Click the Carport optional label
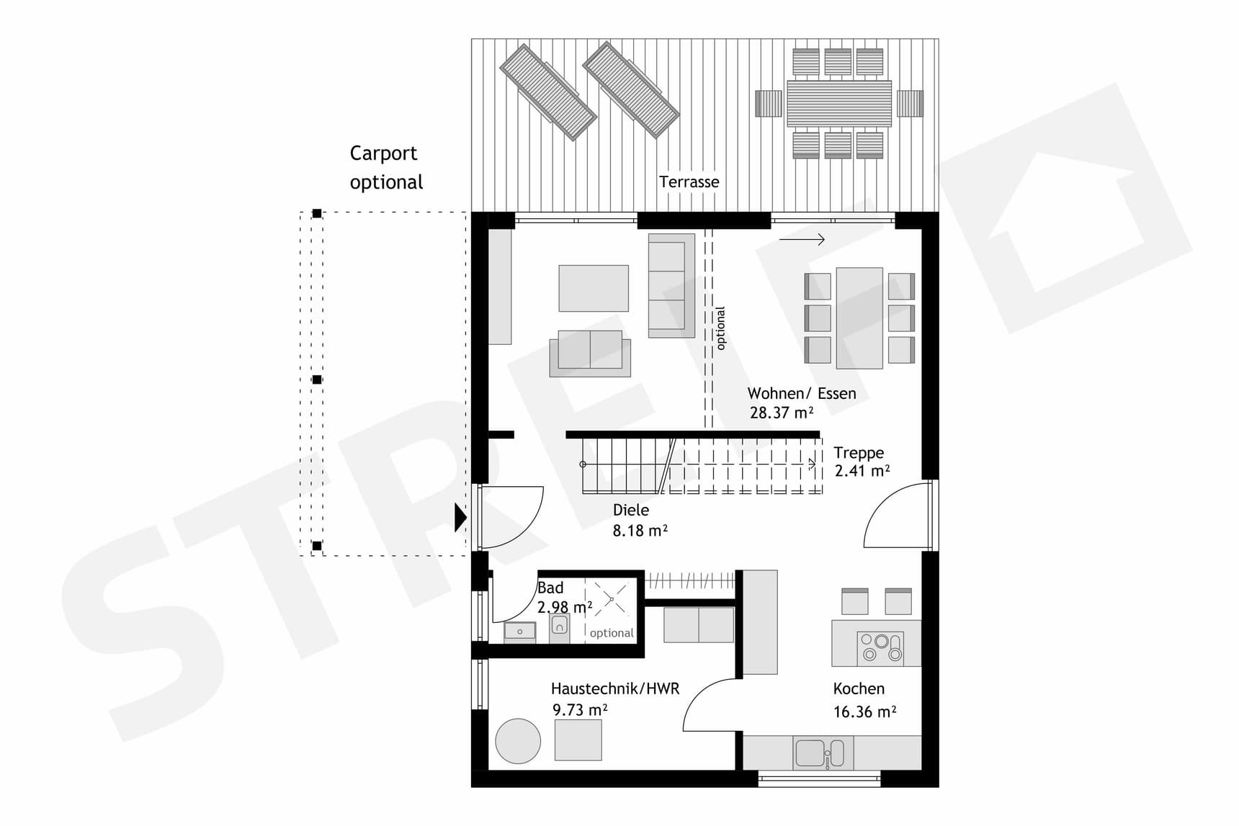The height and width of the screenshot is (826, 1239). [x=385, y=167]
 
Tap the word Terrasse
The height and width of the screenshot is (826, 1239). [x=689, y=182]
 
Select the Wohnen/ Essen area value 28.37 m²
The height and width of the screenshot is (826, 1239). [x=781, y=413]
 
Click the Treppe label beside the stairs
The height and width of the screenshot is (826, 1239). [x=858, y=453]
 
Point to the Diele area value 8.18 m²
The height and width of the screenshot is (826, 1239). [x=639, y=531]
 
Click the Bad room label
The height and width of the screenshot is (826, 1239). [x=550, y=588]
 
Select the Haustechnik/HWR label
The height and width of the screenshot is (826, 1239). [x=614, y=689]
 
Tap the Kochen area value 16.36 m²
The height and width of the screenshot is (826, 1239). [x=864, y=712]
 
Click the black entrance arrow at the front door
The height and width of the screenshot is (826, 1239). [x=460, y=517]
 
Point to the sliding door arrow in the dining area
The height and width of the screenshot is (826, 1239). [x=801, y=240]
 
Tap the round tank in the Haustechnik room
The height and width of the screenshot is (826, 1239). [x=517, y=740]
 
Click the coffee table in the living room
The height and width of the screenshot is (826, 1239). [x=593, y=288]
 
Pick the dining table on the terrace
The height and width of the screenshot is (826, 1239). [x=838, y=103]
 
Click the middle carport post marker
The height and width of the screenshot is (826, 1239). [x=316, y=380]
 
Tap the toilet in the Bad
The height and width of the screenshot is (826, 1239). [x=559, y=627]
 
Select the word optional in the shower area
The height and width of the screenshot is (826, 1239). [x=611, y=633]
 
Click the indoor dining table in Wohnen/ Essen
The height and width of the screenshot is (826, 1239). [x=859, y=318]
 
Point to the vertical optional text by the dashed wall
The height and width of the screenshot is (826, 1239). [x=720, y=328]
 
